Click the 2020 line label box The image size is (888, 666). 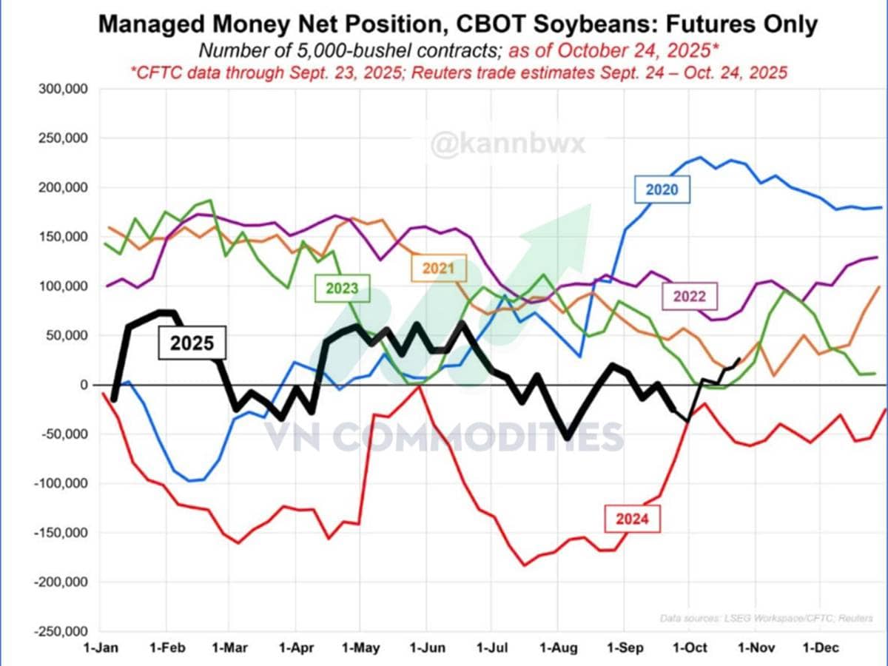click(x=662, y=189)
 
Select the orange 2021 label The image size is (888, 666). click(x=438, y=268)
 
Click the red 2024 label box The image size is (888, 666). click(x=632, y=518)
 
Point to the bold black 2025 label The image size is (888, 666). click(x=192, y=344)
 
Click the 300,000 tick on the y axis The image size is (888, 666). click(x=62, y=89)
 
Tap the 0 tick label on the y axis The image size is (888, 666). click(x=84, y=385)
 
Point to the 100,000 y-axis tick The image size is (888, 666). click(x=62, y=286)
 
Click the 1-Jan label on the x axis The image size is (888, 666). click(x=101, y=649)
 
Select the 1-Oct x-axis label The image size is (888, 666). click(x=689, y=649)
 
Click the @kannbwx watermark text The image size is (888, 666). click(x=508, y=143)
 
